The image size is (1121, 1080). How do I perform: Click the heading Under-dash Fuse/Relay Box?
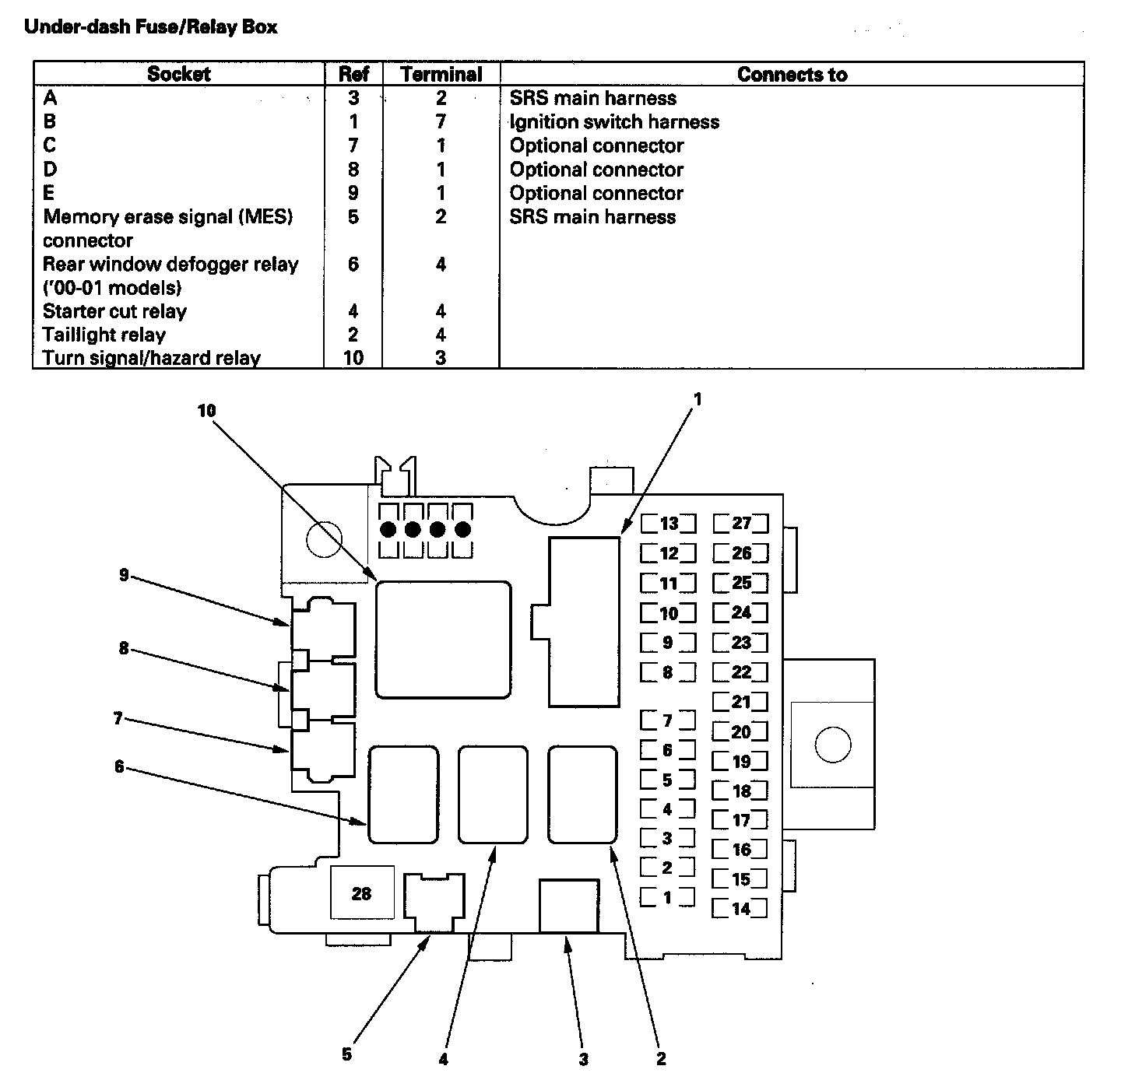pos(151,27)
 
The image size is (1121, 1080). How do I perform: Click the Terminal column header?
pos(441,75)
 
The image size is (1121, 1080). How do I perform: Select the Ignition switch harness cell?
pos(613,122)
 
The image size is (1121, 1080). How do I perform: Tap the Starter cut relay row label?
pos(114,312)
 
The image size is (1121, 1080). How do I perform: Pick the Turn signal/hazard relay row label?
pos(151,359)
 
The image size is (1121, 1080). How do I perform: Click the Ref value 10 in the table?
pos(353,359)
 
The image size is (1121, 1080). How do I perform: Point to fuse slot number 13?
pos(669,524)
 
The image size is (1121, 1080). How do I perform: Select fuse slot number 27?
pos(740,524)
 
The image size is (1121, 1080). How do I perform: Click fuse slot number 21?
pos(740,702)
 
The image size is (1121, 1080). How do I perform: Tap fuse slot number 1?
pos(667,898)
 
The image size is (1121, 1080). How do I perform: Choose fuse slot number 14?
pos(740,908)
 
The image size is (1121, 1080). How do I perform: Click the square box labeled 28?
pos(361,893)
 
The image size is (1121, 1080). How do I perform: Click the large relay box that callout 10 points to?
pos(443,639)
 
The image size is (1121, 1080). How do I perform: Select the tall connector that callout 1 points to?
pos(584,621)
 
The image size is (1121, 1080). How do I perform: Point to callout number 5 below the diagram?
pos(346,1054)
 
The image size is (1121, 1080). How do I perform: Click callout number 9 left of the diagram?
pos(124,575)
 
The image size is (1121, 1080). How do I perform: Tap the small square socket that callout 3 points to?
pos(569,905)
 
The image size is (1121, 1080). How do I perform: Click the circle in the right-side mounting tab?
pos(832,745)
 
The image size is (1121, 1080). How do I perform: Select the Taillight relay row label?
pos(104,335)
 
